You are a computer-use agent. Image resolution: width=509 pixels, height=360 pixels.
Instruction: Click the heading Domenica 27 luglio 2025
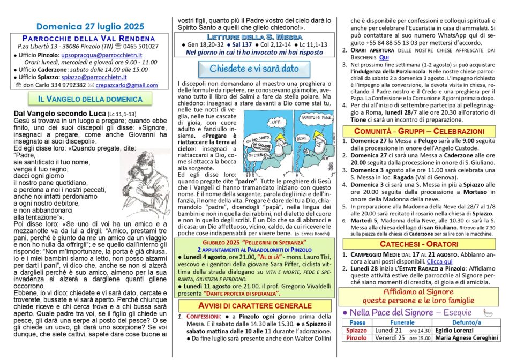click(90, 26)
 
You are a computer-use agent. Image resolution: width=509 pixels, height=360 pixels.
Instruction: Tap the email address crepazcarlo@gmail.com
click(128, 85)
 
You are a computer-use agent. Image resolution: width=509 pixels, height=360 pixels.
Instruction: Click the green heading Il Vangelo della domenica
click(89, 99)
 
